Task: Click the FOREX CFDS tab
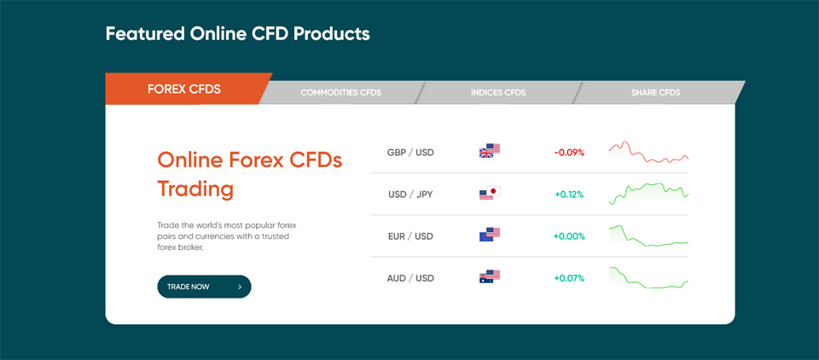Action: (184, 89)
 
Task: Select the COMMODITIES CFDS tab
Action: (340, 92)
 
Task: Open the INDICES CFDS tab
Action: (497, 92)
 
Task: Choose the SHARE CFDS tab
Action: (655, 92)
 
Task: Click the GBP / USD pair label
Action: (410, 153)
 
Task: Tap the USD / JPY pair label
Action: (410, 195)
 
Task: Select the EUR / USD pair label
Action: (411, 236)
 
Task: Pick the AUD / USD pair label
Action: (410, 278)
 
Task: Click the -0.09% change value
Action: (569, 153)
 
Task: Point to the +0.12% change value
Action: (569, 195)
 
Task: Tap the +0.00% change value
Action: (569, 236)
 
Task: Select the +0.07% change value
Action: (569, 278)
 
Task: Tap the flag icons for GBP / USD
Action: (490, 150)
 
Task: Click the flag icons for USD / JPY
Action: (490, 193)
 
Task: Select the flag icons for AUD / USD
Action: (490, 276)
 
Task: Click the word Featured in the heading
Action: (145, 34)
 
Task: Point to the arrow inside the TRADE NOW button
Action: (239, 287)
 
